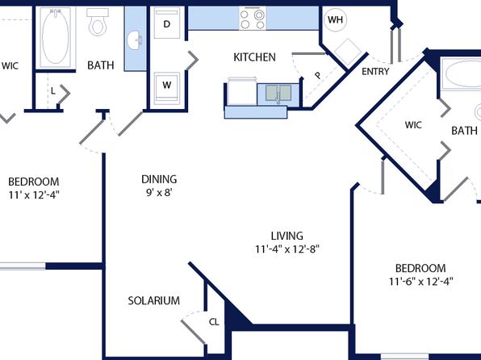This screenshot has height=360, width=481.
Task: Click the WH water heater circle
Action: click(335, 20)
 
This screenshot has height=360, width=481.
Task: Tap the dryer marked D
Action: click(167, 23)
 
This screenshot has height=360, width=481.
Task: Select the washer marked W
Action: click(167, 86)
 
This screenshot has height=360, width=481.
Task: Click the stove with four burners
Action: click(253, 19)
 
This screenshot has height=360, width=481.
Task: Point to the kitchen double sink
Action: click(278, 93)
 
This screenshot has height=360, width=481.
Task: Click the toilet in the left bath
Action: click(98, 22)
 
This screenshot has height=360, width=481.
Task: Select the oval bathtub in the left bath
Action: click(56, 36)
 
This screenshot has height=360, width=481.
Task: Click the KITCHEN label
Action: click(254, 57)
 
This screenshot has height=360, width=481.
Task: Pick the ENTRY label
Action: click(375, 72)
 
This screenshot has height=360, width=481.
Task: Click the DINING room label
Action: click(159, 179)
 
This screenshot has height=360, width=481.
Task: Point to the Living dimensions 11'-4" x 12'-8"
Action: click(287, 249)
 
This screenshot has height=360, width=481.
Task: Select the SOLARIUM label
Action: click(154, 300)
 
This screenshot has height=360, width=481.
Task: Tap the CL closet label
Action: click(214, 322)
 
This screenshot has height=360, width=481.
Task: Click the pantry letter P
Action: click(318, 75)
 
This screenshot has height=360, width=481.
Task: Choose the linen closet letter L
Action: click(53, 91)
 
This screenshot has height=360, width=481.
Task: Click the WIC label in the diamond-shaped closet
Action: click(413, 125)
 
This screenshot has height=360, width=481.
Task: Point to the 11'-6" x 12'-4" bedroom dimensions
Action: click(421, 282)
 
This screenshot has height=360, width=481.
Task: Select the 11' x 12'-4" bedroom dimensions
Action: click(34, 195)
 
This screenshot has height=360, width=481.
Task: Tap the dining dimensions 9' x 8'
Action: click(159, 193)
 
